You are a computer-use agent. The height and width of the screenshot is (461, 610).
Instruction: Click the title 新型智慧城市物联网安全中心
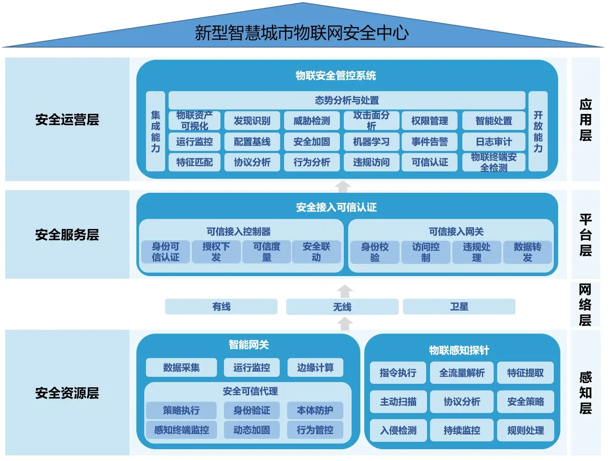click(302, 33)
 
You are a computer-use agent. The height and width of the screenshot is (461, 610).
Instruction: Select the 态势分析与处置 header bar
click(346, 100)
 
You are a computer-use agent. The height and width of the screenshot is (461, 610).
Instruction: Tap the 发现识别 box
click(252, 121)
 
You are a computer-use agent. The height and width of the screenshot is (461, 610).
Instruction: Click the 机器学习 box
click(371, 142)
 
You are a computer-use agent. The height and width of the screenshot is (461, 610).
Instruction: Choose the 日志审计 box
click(494, 142)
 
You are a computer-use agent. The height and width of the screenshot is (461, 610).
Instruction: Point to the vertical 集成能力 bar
click(156, 131)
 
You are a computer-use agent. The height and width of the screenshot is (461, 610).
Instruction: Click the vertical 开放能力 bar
click(538, 131)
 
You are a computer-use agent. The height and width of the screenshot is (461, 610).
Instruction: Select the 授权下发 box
click(216, 252)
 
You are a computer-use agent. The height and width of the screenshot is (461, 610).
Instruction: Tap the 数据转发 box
click(527, 252)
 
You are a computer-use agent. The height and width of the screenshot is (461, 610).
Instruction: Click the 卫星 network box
click(459, 307)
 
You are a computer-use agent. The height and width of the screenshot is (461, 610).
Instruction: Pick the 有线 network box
click(221, 307)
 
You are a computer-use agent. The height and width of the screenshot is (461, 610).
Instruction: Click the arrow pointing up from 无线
click(345, 291)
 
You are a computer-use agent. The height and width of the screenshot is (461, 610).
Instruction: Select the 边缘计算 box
click(315, 368)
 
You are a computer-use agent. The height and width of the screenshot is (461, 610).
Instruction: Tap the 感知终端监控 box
click(181, 430)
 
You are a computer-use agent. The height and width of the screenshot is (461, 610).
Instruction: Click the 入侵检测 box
click(398, 430)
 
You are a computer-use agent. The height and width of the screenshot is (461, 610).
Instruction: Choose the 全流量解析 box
click(461, 373)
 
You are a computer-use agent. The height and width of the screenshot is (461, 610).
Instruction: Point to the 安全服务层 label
click(67, 235)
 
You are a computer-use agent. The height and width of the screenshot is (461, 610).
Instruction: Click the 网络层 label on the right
click(585, 304)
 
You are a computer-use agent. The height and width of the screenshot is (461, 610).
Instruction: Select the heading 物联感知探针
click(459, 350)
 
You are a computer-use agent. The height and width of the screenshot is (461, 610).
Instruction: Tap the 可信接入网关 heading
click(456, 232)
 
